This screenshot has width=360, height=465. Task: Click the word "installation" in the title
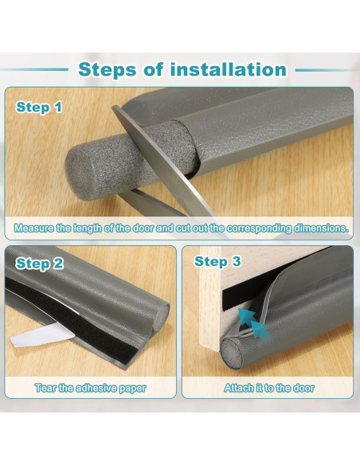(x=229, y=69)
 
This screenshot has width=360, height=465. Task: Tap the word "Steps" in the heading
(x=108, y=70)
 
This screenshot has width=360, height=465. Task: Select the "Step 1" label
(x=39, y=107)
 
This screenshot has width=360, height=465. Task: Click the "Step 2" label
(x=40, y=264)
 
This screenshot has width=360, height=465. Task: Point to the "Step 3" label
(x=217, y=261)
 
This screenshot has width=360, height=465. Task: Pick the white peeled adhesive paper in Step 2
(x=41, y=334)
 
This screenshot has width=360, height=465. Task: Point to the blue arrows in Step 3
(x=254, y=324)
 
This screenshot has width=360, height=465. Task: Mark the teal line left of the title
(x=34, y=70)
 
